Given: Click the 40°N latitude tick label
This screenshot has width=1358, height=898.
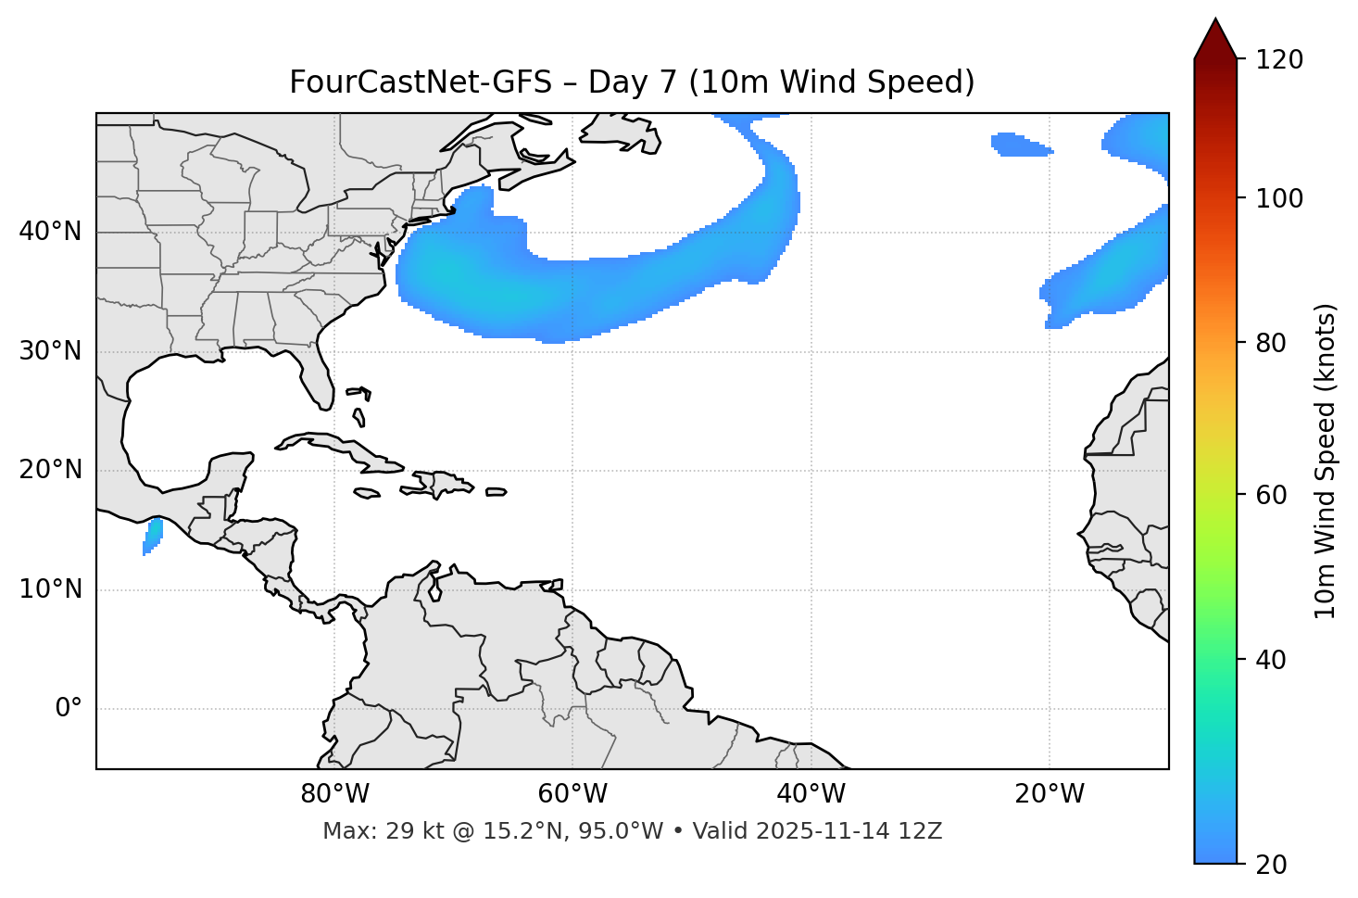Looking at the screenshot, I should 50,232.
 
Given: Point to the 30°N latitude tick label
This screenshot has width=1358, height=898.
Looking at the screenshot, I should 50,351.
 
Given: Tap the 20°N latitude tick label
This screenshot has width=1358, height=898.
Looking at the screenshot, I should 50,470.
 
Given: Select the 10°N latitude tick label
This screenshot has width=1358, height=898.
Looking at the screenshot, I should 50,589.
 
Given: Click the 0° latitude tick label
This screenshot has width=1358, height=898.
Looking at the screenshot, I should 69,709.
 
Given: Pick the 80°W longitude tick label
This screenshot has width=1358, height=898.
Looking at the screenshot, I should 334,794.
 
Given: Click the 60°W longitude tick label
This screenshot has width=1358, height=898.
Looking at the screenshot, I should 572,794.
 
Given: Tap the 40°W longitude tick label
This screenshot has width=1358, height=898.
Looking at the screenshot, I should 811,794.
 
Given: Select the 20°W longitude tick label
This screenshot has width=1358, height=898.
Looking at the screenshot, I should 1049,794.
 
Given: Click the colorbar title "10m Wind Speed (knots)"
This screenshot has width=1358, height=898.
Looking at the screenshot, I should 1326,462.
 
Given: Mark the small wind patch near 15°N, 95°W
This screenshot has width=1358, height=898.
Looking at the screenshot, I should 153,537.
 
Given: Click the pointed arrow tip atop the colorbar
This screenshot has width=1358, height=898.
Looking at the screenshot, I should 1215,22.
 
